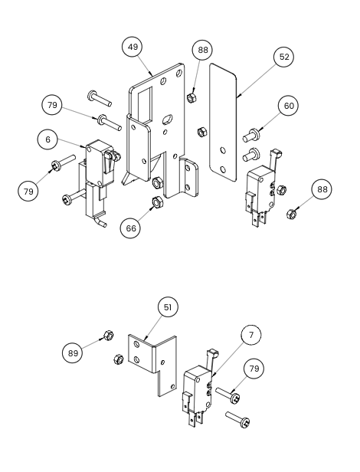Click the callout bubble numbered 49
coord(133,47)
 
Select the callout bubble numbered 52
coord(284,57)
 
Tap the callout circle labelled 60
coord(289,106)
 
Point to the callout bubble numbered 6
coord(47,139)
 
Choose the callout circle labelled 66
coord(131,228)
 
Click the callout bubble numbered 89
coord(73,352)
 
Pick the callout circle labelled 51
coord(168,307)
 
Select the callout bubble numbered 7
coord(251,335)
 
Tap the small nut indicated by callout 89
coord(108,335)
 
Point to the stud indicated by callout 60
coord(251,135)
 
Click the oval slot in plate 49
coord(166,119)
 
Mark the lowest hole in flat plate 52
coord(223,170)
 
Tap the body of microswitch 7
coord(198,386)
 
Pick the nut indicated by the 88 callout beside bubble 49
coord(191,97)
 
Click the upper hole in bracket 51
coord(137,344)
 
